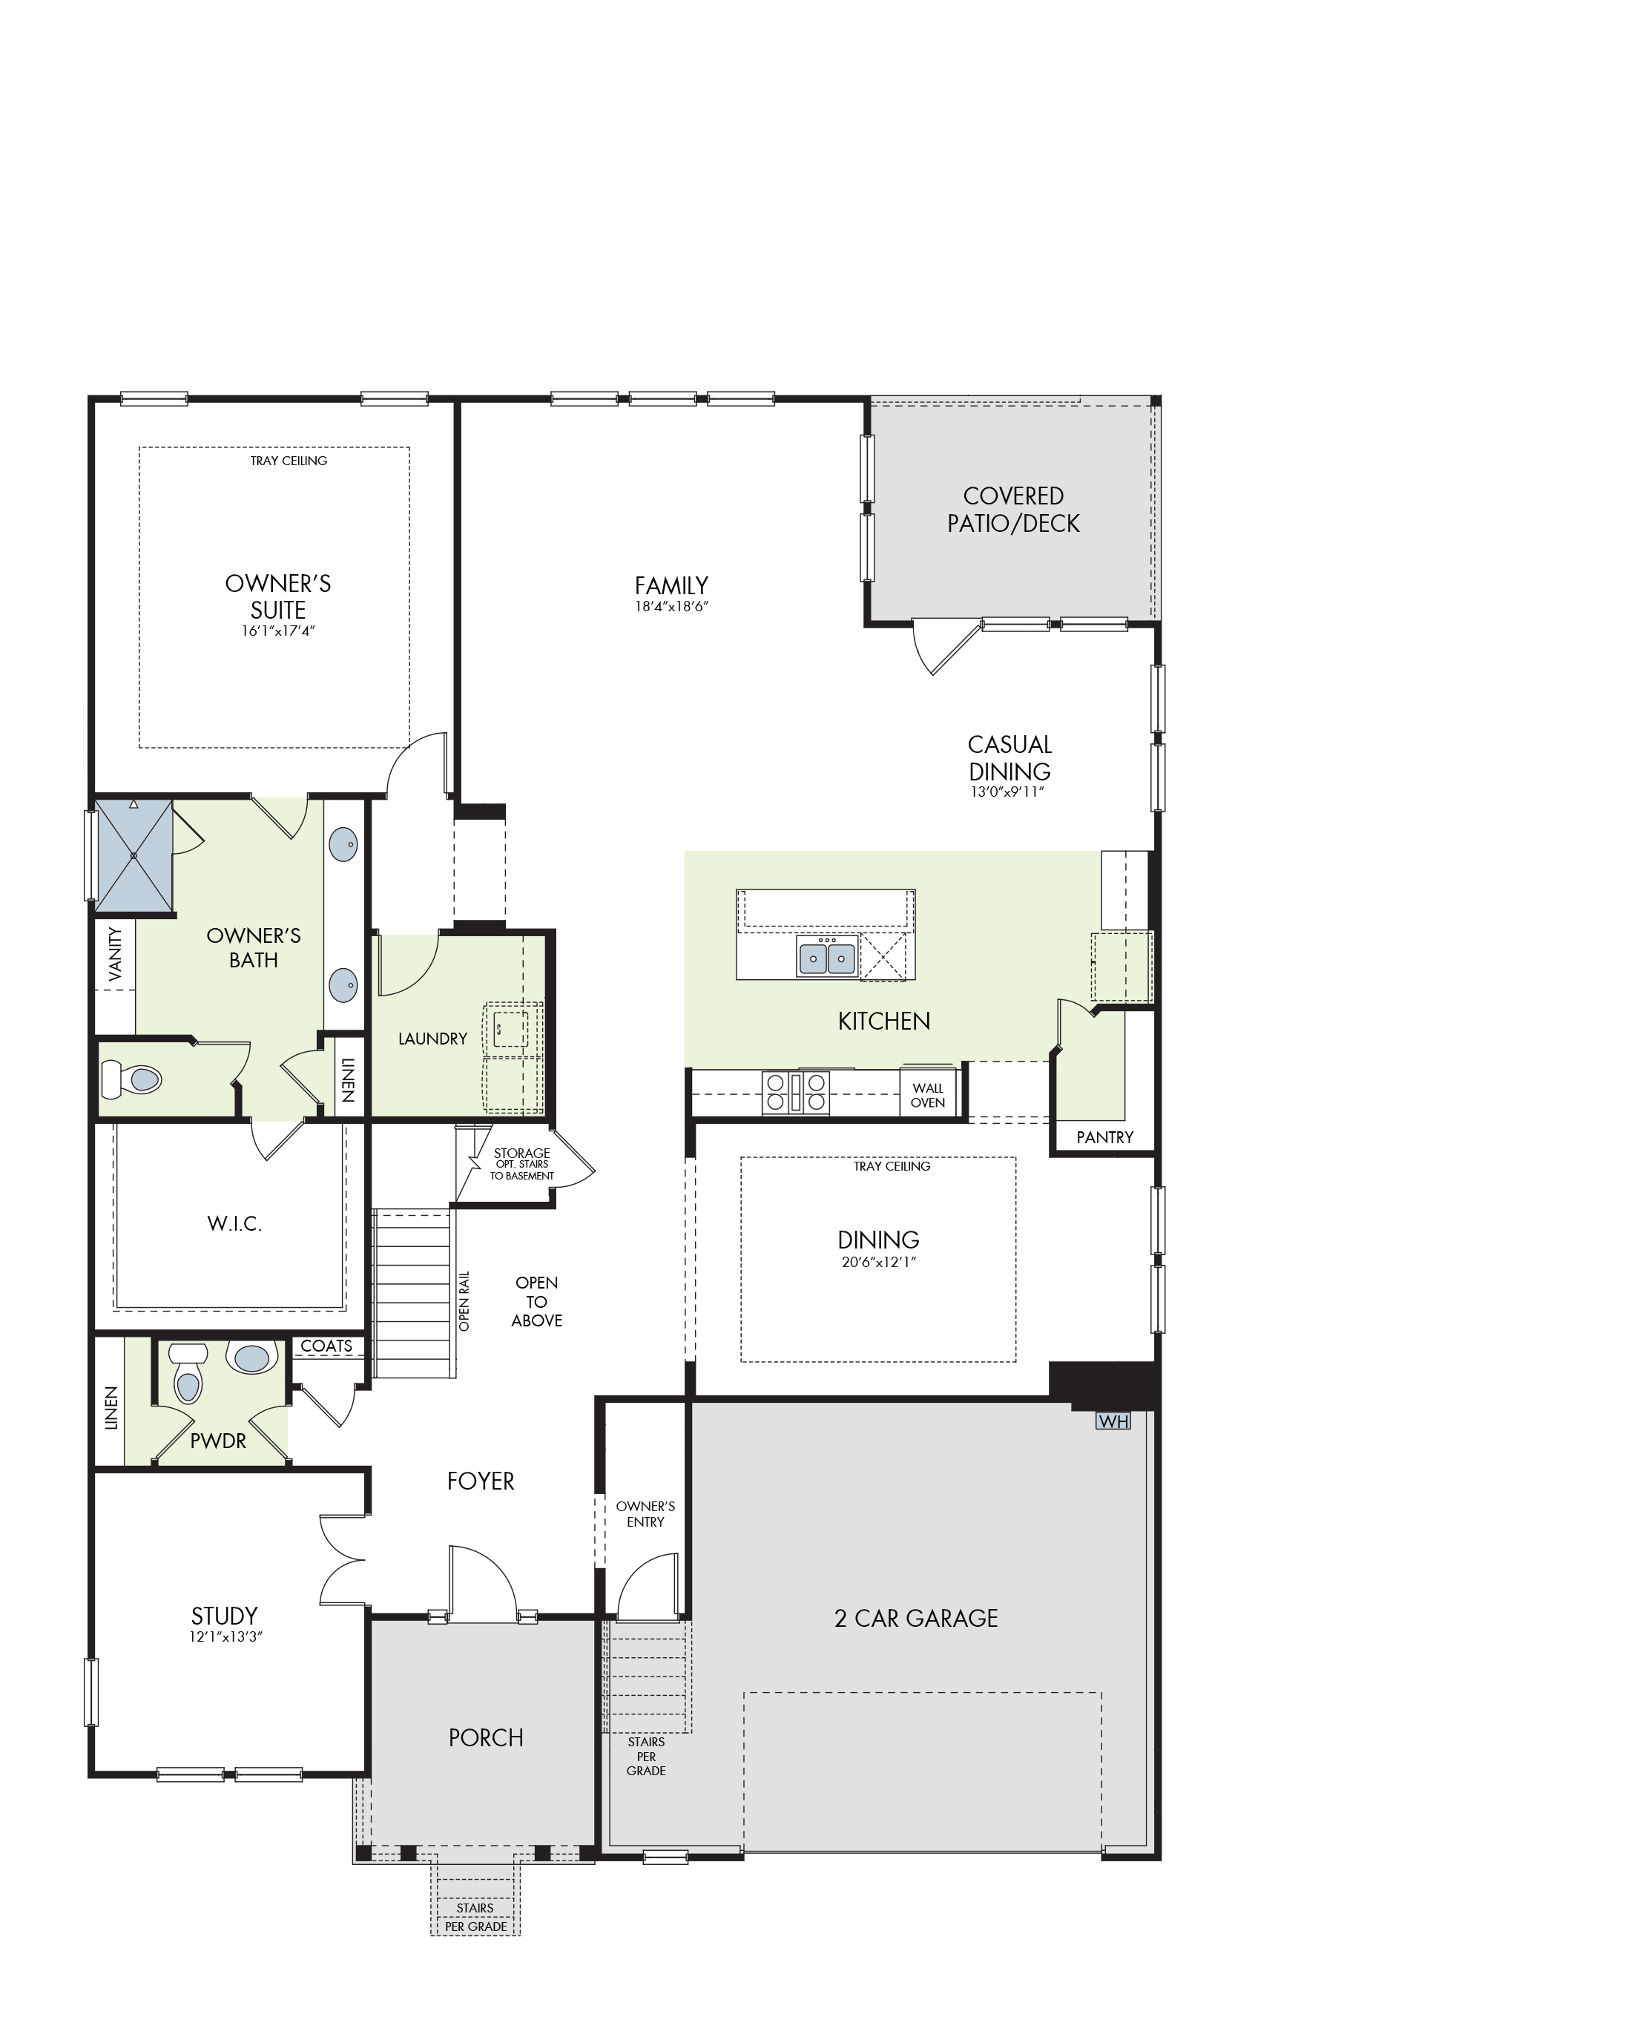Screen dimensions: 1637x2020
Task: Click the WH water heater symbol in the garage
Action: (1113, 1421)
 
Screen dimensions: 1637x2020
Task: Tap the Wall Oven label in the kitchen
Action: (928, 1095)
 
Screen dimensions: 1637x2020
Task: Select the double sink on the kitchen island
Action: (827, 957)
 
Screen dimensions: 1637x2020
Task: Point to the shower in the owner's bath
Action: (134, 856)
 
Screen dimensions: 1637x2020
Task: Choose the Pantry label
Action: (1105, 1137)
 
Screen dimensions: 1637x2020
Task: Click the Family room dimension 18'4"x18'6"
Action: (671, 606)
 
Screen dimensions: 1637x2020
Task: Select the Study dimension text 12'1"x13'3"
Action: (225, 1637)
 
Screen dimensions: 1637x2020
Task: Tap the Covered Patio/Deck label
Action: (1014, 509)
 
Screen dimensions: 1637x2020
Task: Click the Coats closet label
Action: (326, 1346)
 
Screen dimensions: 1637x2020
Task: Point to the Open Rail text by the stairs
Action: (464, 1301)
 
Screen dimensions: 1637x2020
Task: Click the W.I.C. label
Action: (235, 1224)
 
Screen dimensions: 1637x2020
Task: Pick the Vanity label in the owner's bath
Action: (115, 954)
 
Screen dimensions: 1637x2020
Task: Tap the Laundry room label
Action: (433, 1039)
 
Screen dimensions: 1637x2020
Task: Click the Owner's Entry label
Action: (646, 1513)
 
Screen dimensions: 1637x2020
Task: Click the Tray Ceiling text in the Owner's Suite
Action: (289, 461)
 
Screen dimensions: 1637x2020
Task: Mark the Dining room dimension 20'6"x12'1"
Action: (879, 1262)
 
